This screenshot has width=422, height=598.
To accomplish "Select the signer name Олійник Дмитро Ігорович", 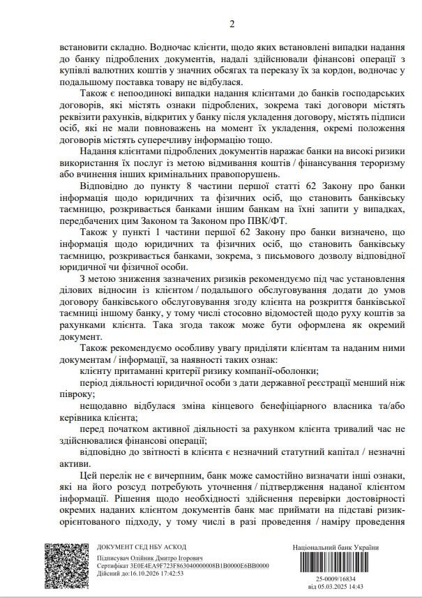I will (x=152, y=560).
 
